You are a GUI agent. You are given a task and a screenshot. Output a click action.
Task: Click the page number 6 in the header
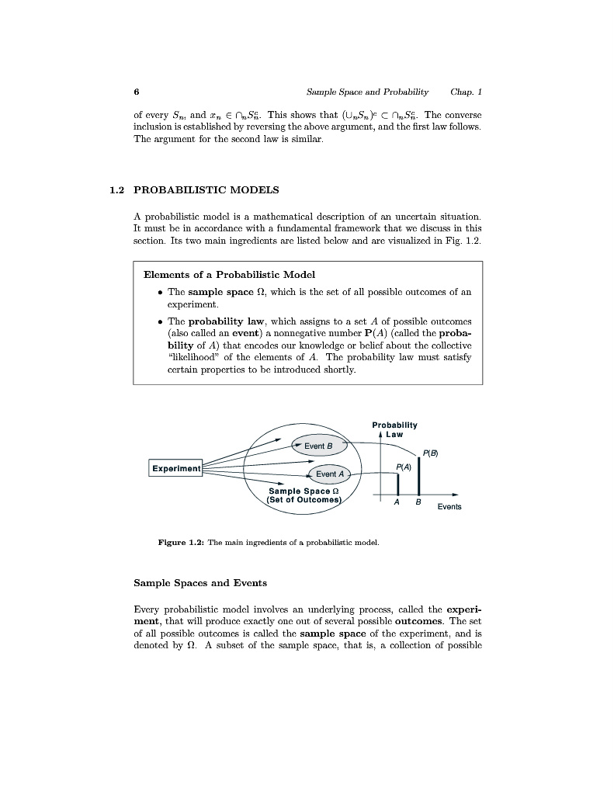pyautogui.click(x=137, y=92)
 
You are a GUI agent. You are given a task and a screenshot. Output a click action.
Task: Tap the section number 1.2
pyautogui.click(x=118, y=189)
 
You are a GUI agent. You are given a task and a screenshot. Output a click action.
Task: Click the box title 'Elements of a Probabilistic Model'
pyautogui.click(x=230, y=274)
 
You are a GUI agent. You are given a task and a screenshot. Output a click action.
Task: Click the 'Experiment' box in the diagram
pyautogui.click(x=176, y=468)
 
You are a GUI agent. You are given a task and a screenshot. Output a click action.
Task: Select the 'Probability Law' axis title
pyautogui.click(x=394, y=429)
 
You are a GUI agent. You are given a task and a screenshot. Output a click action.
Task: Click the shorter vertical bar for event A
pyautogui.click(x=397, y=484)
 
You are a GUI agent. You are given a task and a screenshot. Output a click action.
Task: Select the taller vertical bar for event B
pyautogui.click(x=418, y=476)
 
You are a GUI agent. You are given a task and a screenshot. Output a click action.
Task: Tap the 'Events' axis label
pyautogui.click(x=449, y=507)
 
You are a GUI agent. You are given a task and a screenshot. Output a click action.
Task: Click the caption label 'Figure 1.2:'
pyautogui.click(x=181, y=542)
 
